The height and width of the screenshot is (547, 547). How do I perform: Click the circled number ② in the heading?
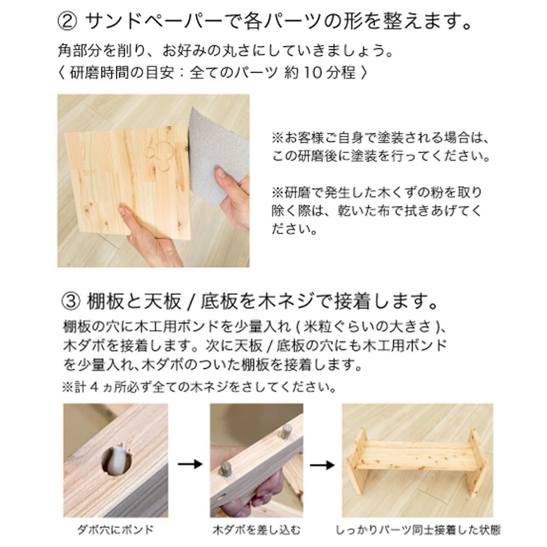(x=68, y=22)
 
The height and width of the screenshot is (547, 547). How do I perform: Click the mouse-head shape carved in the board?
(x=159, y=153)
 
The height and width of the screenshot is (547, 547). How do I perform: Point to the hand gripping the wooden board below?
(x=150, y=238)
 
